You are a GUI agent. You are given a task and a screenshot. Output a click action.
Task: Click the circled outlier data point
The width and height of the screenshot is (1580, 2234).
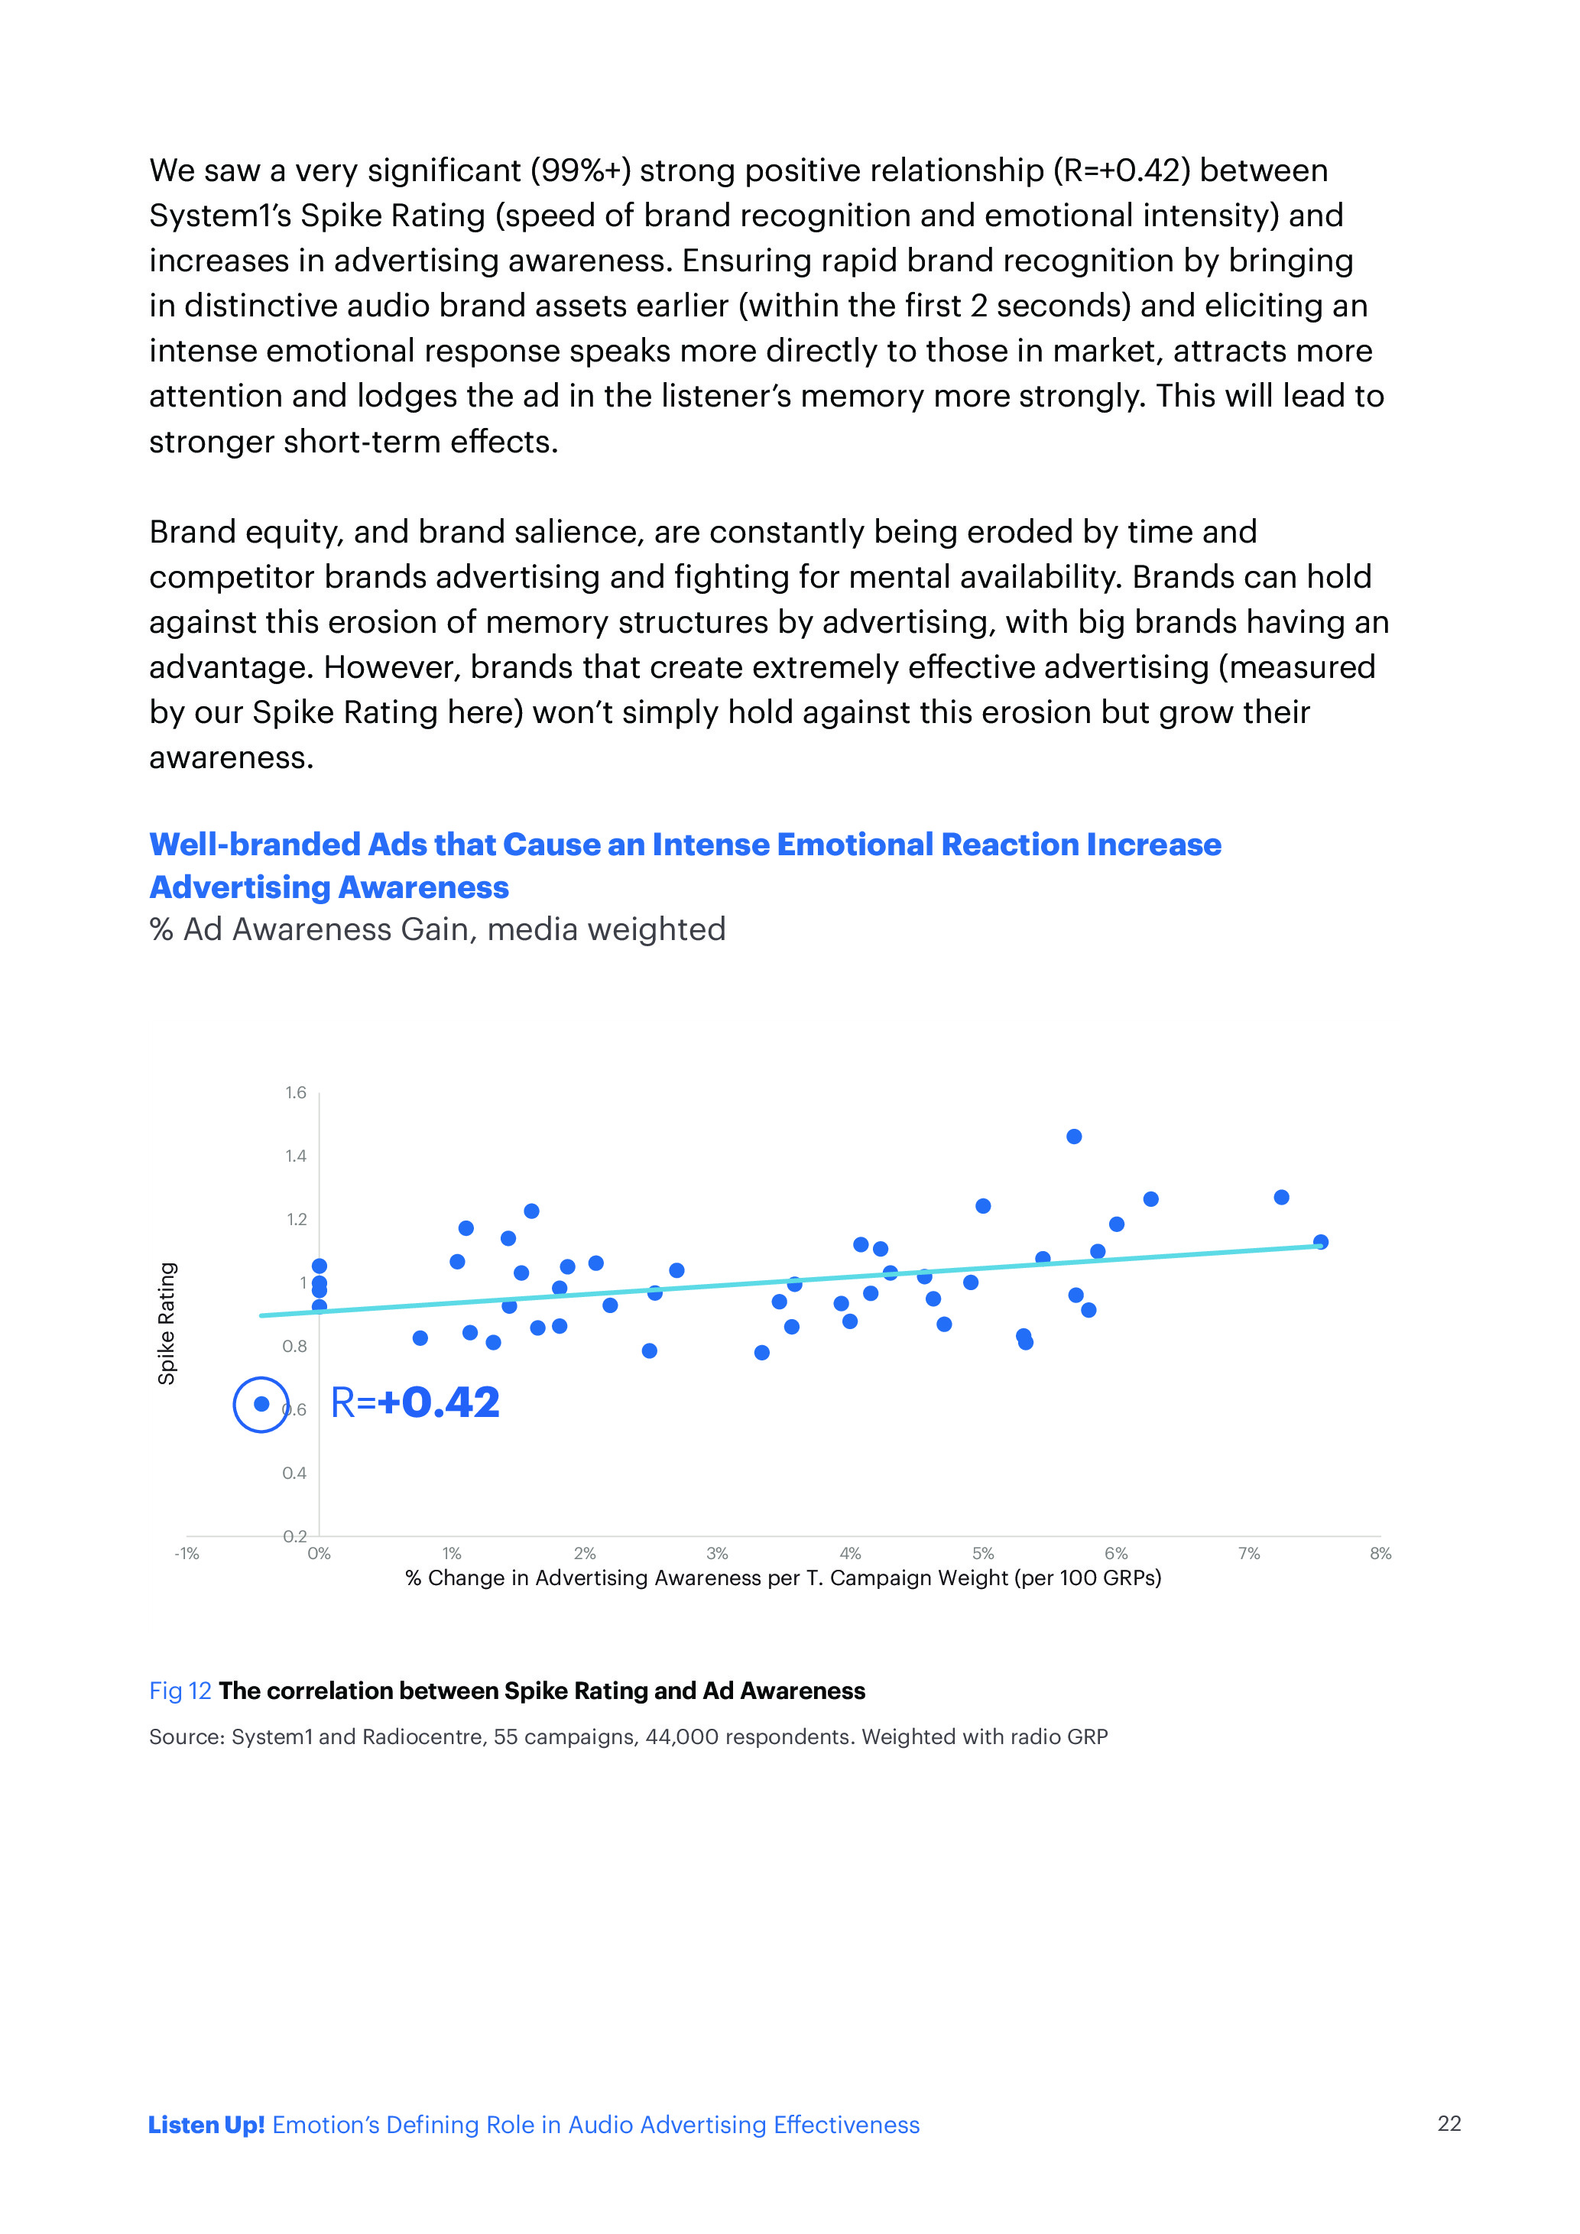click(x=261, y=1404)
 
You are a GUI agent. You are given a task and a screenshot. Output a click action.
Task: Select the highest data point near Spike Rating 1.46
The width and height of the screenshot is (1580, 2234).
click(x=1074, y=1136)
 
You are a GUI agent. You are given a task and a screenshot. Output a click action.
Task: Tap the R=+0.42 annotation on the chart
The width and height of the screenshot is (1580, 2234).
click(x=415, y=1403)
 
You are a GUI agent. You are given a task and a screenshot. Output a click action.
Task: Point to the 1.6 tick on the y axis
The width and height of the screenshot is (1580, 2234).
click(x=296, y=1093)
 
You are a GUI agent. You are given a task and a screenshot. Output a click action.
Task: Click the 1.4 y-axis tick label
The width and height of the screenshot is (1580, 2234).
click(x=296, y=1156)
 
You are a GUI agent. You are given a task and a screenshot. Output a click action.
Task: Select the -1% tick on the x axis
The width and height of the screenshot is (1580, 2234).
click(x=187, y=1554)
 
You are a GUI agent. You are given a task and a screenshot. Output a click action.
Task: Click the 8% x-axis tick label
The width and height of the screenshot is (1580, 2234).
click(x=1380, y=1554)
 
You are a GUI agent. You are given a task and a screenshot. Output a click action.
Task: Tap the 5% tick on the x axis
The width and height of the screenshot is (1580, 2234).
click(x=983, y=1554)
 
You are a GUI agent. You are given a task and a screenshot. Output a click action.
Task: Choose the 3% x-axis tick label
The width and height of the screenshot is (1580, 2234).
click(x=717, y=1554)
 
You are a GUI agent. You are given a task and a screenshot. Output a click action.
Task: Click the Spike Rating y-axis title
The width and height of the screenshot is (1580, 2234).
click(x=167, y=1323)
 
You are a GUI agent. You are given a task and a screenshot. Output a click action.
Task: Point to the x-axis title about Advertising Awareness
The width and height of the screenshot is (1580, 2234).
click(x=784, y=1578)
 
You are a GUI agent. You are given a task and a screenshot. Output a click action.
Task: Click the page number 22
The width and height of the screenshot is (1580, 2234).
click(x=1449, y=2123)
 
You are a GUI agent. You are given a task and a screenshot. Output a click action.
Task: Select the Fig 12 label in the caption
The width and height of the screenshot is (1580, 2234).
click(x=180, y=1691)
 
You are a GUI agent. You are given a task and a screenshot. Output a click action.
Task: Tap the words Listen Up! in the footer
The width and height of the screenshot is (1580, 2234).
click(x=206, y=2124)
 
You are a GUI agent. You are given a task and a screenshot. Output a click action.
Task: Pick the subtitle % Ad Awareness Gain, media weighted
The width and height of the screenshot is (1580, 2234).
click(x=438, y=929)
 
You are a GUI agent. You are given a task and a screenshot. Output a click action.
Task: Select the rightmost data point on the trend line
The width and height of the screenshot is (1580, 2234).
click(x=1320, y=1241)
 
